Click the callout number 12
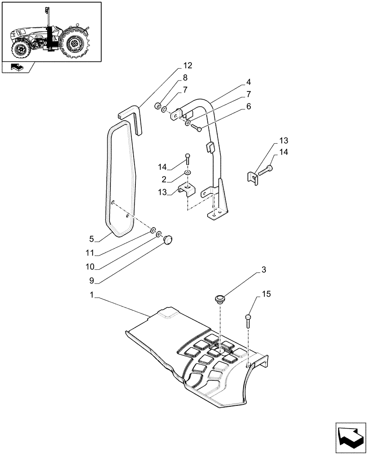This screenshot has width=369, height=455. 188,66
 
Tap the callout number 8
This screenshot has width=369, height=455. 185,78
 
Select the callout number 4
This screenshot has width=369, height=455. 249,82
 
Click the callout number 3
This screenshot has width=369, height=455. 263,270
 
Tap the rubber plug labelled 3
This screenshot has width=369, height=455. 220,299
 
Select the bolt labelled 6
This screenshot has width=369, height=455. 197,128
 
